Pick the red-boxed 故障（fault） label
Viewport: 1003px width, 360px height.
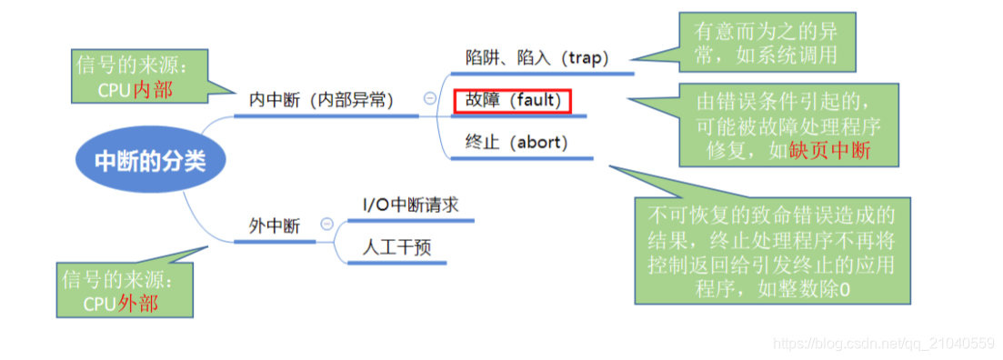tap(512, 100)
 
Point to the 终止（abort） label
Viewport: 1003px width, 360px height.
tap(516, 143)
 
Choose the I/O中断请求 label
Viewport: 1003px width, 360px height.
tap(410, 205)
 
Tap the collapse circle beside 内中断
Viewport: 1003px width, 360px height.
tap(429, 99)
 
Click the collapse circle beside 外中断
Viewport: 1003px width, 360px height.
tap(326, 225)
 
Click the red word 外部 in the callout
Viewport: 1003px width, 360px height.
tap(138, 303)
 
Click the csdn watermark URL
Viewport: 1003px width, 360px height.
tap(882, 343)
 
